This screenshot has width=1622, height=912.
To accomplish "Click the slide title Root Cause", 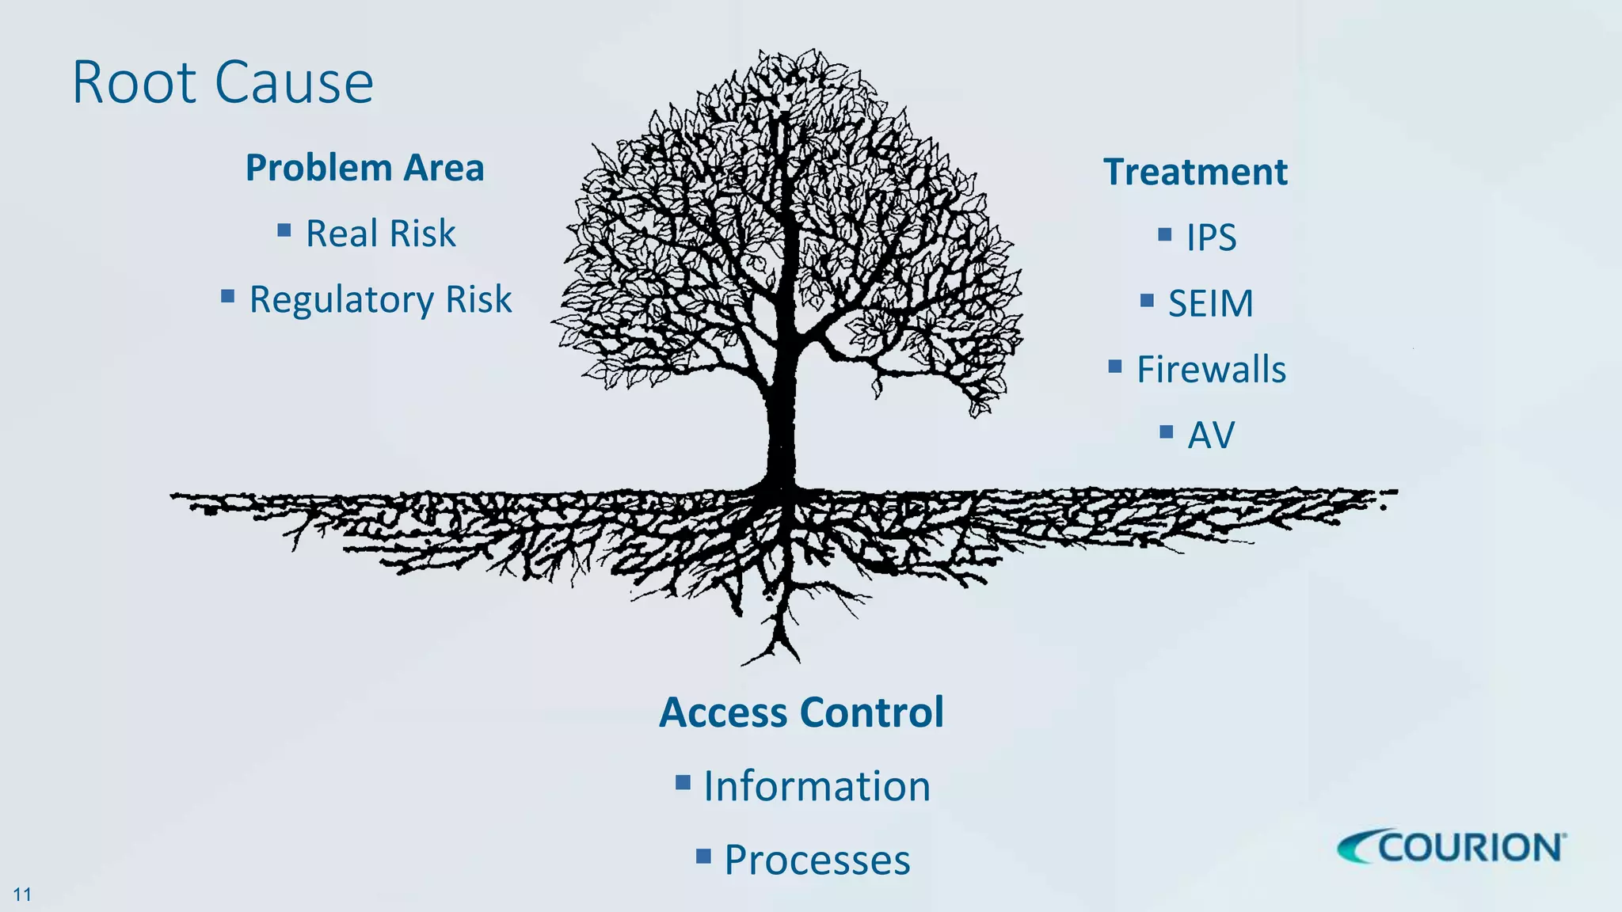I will [x=223, y=82].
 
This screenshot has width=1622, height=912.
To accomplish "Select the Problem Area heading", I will [x=364, y=168].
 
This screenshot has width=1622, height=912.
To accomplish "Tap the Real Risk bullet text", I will [x=381, y=234].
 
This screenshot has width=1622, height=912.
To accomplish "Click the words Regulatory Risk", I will [x=381, y=299].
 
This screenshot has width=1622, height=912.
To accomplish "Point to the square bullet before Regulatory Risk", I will [x=228, y=297].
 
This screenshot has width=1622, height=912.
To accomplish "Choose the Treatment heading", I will [x=1195, y=172].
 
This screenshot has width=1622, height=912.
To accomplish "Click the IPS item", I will [x=1211, y=237].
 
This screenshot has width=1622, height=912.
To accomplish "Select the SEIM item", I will [x=1211, y=303].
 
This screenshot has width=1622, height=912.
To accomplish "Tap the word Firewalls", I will [x=1211, y=370].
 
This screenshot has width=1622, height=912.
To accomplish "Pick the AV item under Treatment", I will [x=1211, y=435].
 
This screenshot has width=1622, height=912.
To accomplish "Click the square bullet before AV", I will [x=1166, y=432].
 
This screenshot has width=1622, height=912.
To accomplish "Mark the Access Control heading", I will [x=801, y=712].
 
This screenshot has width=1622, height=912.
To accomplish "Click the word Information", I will [x=817, y=786].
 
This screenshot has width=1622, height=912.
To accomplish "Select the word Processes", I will [x=817, y=860].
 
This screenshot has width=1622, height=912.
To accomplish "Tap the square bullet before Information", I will [x=683, y=783].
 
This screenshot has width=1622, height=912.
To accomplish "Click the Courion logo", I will [x=1452, y=847].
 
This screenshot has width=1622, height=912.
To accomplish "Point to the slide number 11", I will [x=22, y=895].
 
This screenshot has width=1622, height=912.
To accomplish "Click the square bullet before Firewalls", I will [x=1115, y=366].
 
